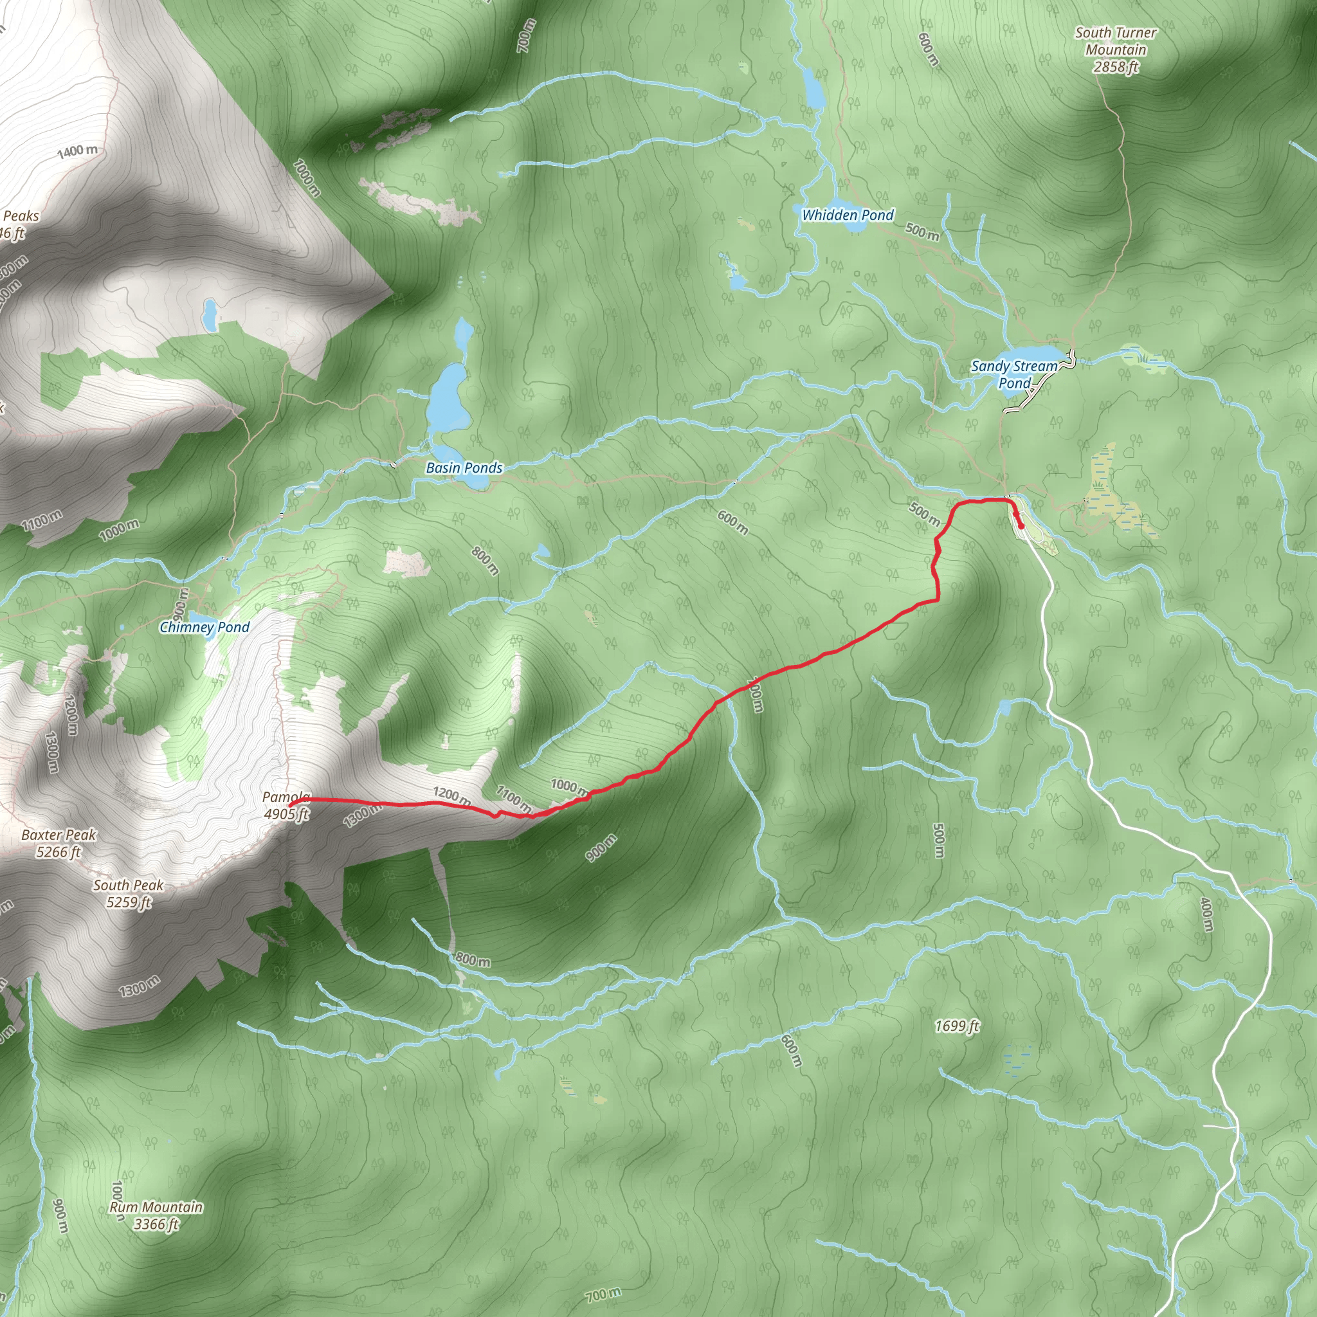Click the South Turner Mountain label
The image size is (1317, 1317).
pos(1115,41)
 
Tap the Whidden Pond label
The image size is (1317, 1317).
pos(848,215)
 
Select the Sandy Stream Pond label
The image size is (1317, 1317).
pos(1013,374)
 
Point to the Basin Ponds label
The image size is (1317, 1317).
pos(464,468)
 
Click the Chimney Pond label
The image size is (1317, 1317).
pos(204,627)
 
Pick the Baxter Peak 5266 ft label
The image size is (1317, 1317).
pos(59,843)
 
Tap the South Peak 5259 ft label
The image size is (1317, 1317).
pos(128,894)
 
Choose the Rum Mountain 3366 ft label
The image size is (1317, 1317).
pos(156,1215)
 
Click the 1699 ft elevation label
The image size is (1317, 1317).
pos(956,1026)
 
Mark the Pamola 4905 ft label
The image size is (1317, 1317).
pos(286,805)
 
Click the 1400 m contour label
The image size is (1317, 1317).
pos(77,150)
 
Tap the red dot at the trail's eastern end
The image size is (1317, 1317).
pos(1021,525)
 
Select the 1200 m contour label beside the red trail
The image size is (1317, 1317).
pos(451,795)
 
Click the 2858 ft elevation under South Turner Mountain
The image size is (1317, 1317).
pos(1115,67)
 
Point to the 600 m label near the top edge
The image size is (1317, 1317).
pos(928,49)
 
